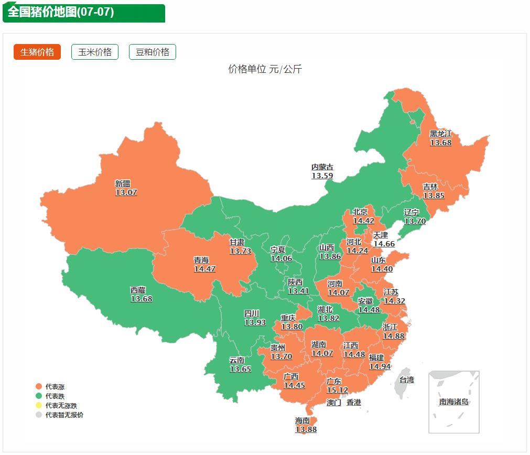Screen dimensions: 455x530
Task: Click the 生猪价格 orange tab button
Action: pos(37,52)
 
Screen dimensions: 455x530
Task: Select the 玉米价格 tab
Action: pos(95,52)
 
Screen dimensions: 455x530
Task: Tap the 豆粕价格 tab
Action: pos(153,52)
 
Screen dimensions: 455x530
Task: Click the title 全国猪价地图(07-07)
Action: pos(61,12)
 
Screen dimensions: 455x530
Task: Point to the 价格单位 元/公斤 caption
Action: pos(265,69)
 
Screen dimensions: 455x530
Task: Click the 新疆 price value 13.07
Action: pos(126,192)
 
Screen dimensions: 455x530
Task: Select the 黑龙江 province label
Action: pos(440,134)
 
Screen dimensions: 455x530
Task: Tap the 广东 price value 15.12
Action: pos(337,390)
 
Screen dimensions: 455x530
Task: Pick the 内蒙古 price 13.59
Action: pos(322,176)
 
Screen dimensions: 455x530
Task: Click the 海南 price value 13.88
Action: pos(306,429)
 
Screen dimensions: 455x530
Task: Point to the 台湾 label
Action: pos(406,380)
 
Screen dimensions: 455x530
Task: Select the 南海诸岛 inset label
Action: pos(453,402)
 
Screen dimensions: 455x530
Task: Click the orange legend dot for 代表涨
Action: pos(38,386)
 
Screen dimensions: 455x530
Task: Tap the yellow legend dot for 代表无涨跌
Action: pos(38,405)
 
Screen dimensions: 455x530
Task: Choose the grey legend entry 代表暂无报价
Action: pos(63,415)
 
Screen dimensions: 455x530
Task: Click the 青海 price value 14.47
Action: pos(204,269)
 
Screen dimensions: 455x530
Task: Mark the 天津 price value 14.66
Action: pos(384,244)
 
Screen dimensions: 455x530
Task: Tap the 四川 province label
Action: pos(252,313)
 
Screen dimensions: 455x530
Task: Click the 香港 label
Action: pos(354,403)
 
